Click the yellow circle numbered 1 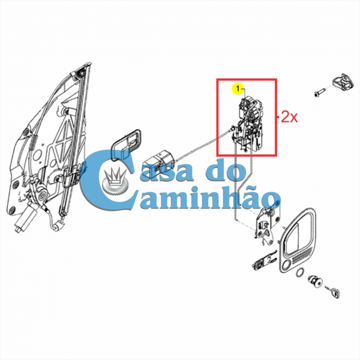(238, 89)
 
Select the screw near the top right (318, 93)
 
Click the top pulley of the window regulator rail (80, 71)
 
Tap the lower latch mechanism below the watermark (267, 224)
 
